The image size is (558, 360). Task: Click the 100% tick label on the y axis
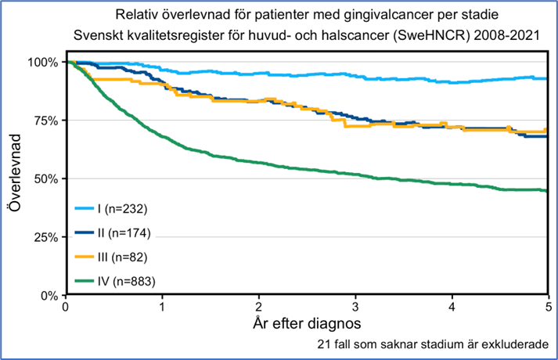tap(42, 62)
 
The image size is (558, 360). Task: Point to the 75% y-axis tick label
tap(45, 121)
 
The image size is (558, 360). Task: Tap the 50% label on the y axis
tap(45, 179)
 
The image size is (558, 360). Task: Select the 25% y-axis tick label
tap(45, 238)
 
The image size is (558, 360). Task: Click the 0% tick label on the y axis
tap(49, 296)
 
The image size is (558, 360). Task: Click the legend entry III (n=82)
tap(122, 257)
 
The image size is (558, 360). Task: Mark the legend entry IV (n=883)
tap(125, 280)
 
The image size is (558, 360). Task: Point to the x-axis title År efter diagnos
tap(306, 322)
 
